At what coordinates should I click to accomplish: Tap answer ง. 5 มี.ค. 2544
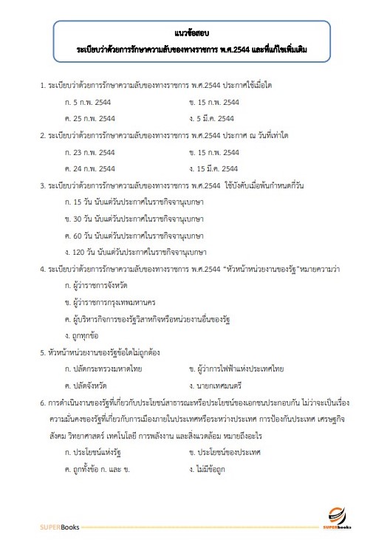tap(211, 118)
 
